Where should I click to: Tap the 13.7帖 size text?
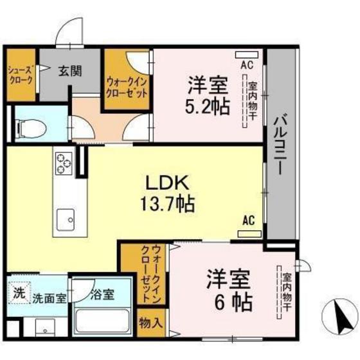pos(168,205)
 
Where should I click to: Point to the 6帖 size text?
pos(230,300)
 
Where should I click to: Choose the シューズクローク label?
pos(20,76)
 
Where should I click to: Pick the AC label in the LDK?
pos(249,221)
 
